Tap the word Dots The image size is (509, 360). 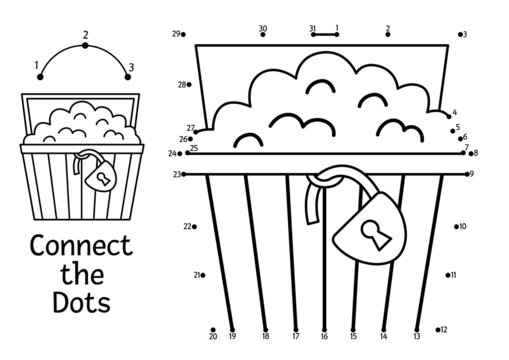click(x=82, y=299)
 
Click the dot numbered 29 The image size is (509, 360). click(x=186, y=34)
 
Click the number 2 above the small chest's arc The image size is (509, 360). click(x=85, y=35)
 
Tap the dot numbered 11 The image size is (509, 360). click(x=444, y=275)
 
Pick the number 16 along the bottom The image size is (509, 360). click(x=324, y=338)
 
